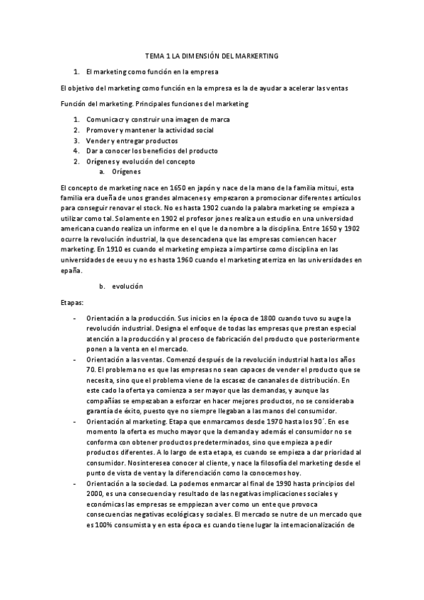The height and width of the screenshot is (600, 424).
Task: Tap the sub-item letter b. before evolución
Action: pyautogui.click(x=103, y=286)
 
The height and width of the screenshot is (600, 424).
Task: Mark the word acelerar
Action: pyautogui.click(x=279, y=88)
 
